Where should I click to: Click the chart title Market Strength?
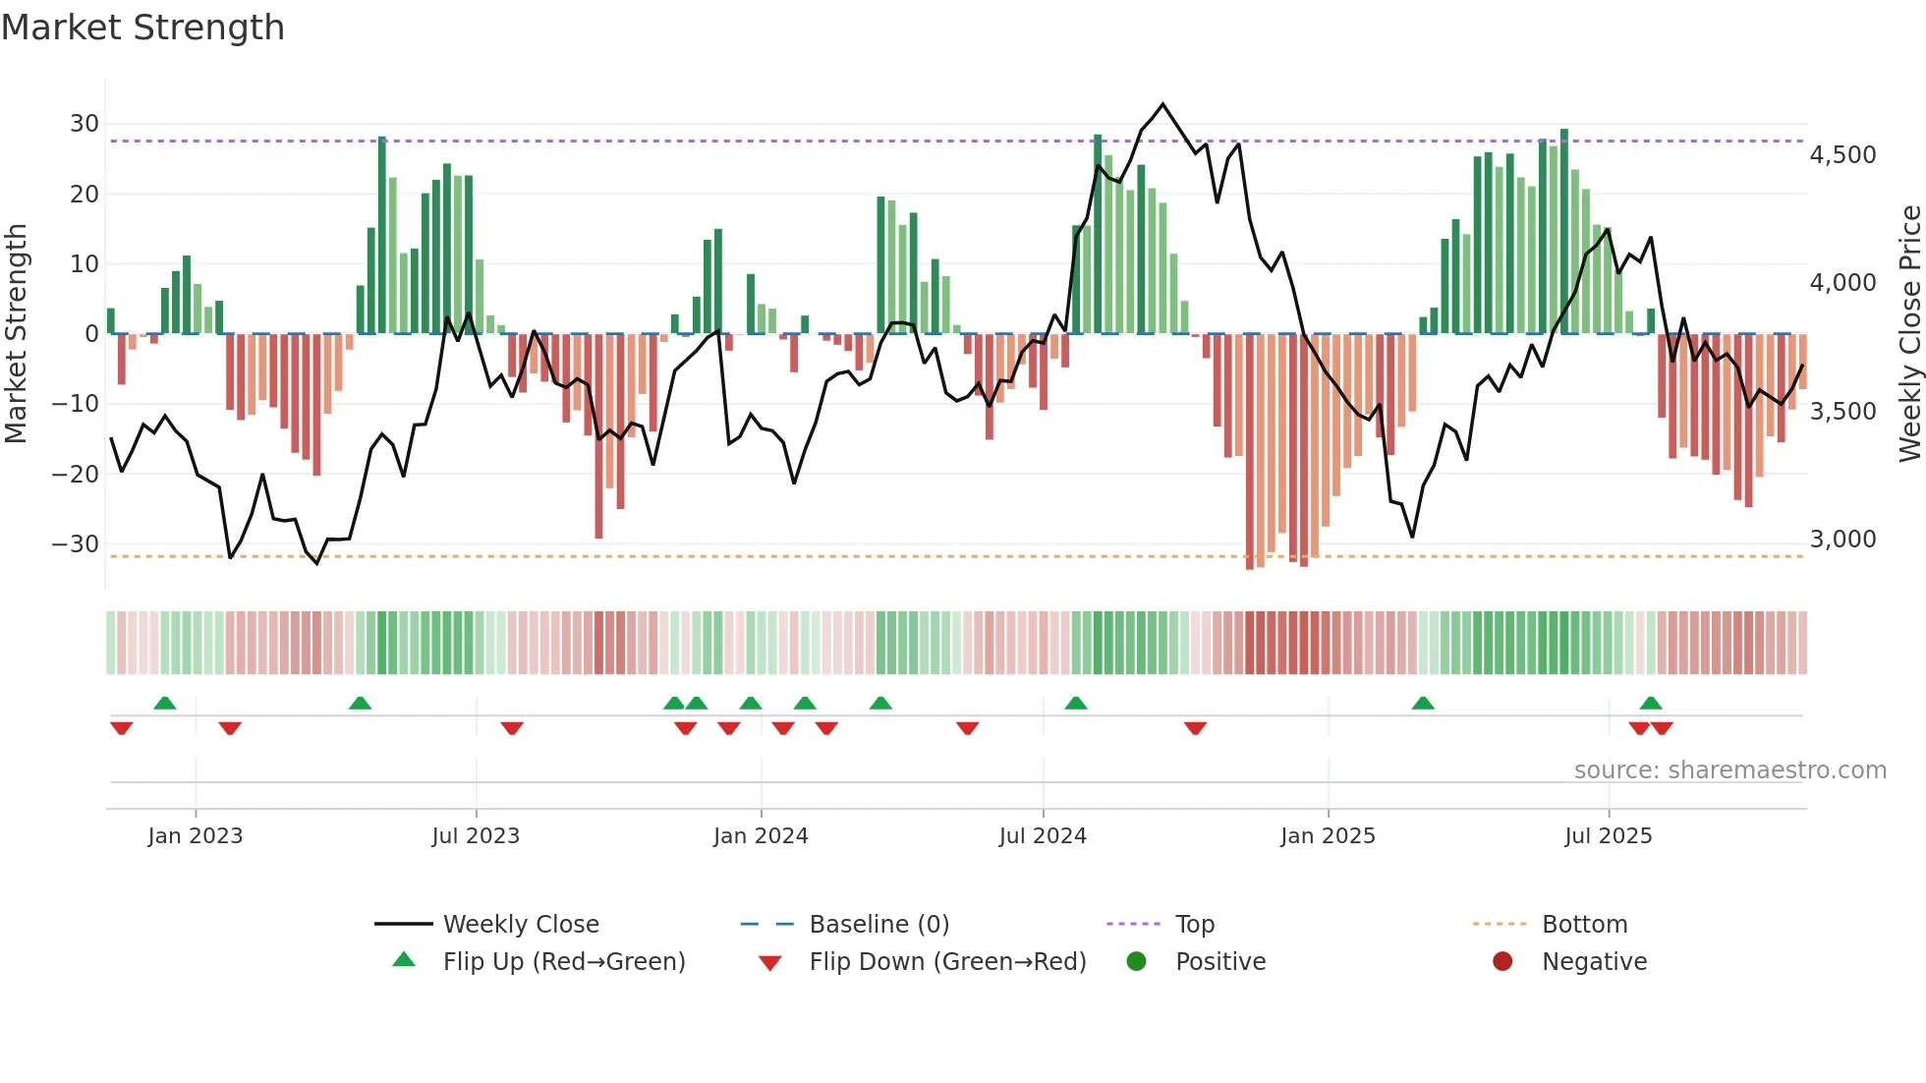[142, 28]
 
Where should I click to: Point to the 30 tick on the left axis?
[85, 124]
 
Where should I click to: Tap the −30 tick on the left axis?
[76, 544]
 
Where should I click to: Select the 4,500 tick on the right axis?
[1842, 155]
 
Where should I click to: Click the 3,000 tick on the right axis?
[1842, 540]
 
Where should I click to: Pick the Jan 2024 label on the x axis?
[761, 836]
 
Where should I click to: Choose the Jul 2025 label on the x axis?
[1608, 836]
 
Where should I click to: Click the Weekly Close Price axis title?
[1909, 333]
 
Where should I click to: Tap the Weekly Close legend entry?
[520, 925]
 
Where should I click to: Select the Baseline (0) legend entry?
[878, 925]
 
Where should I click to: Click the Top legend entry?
[1194, 925]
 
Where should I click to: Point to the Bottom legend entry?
[1584, 925]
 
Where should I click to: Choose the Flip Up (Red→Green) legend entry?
[563, 962]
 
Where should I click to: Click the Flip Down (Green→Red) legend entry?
[947, 962]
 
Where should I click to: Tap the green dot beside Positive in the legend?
[1137, 962]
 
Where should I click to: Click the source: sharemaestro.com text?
[1729, 770]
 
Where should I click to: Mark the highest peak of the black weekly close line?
[1162, 104]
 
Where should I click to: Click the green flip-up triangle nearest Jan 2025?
[1423, 703]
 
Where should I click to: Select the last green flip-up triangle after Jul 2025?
[1651, 703]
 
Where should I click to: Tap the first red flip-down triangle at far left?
[122, 728]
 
